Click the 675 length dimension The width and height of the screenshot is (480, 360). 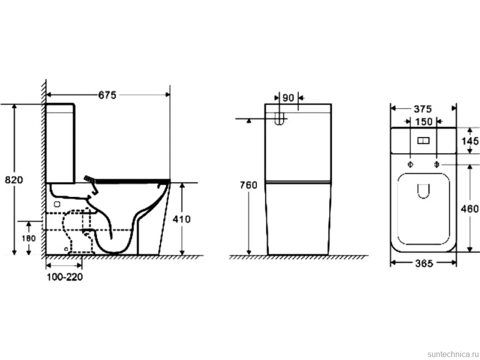click(x=107, y=95)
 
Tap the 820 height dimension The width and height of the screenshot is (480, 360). click(x=14, y=180)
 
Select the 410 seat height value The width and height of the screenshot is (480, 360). click(x=182, y=219)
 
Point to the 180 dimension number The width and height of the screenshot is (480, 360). click(x=29, y=238)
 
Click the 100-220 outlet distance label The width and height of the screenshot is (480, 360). click(x=65, y=277)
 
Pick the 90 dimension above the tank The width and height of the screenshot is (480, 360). click(x=288, y=98)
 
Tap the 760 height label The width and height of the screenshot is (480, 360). click(x=248, y=185)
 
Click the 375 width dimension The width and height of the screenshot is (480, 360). click(x=423, y=109)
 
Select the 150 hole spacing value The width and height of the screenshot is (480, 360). click(x=424, y=122)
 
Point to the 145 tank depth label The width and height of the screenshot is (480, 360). click(x=470, y=141)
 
